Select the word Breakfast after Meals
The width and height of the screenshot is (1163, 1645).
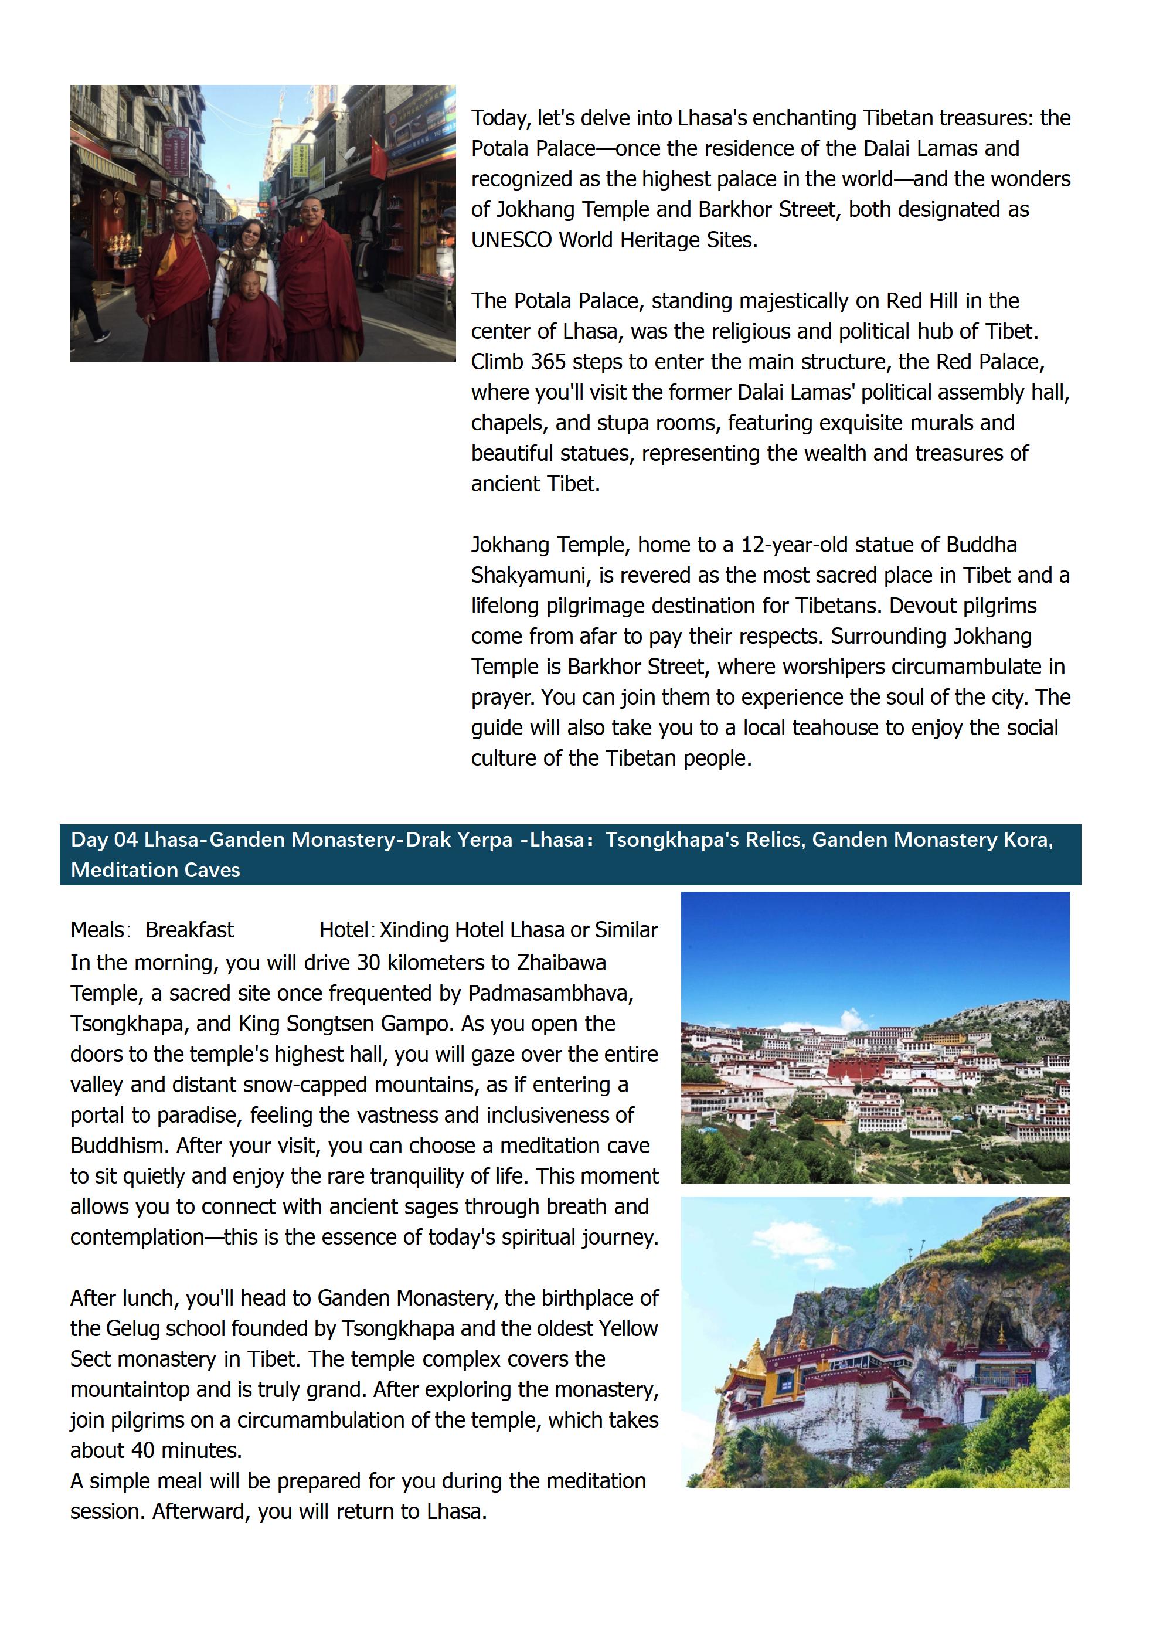[x=189, y=930]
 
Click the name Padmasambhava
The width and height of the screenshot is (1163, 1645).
[x=550, y=993]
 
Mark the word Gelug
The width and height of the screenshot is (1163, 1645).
[x=133, y=1328]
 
